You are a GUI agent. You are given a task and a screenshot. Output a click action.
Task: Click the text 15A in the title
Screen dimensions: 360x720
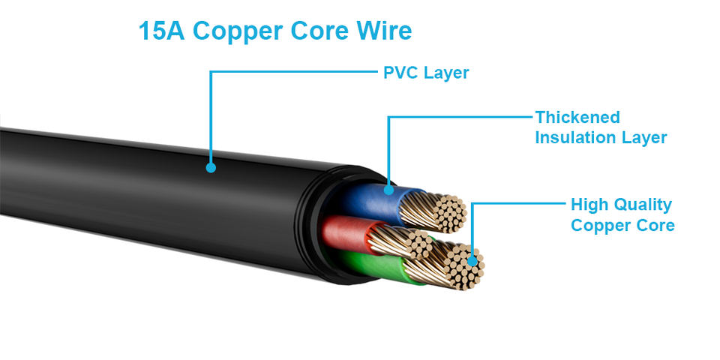point(160,31)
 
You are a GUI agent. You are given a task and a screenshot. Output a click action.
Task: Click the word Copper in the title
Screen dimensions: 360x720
point(237,31)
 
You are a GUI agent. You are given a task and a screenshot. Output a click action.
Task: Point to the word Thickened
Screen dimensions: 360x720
point(577,118)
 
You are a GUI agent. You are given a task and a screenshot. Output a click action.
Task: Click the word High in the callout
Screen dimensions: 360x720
point(589,205)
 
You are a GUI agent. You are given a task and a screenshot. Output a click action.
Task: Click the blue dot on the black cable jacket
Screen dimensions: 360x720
point(211,168)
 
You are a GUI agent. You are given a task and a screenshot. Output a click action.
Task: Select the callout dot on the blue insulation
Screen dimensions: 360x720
point(388,190)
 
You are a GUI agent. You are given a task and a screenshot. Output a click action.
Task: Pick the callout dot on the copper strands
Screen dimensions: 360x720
point(472,261)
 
